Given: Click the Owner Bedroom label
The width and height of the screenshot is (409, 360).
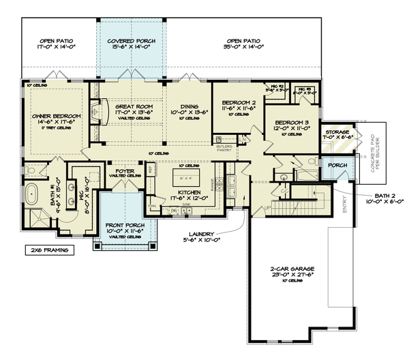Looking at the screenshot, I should [x=56, y=116].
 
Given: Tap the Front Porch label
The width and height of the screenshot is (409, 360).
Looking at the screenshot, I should [x=123, y=226].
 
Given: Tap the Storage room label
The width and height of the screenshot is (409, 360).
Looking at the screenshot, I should [x=337, y=132].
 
